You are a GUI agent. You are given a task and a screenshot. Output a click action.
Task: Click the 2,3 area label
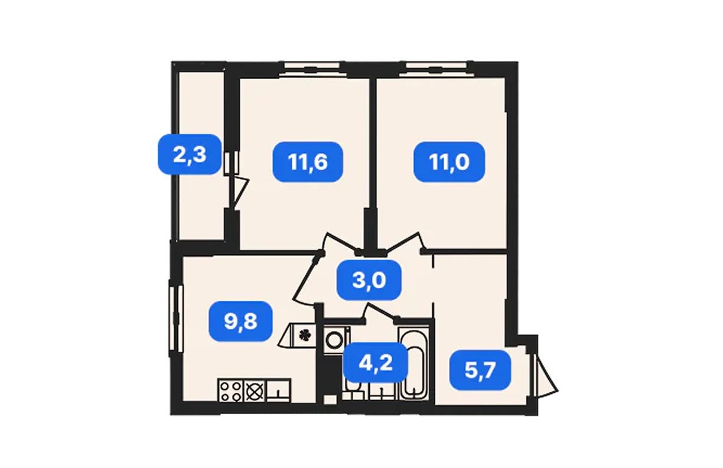[190, 154]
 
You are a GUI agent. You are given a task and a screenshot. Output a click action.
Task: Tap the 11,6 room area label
[308, 162]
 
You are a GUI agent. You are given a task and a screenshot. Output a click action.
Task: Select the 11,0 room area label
[449, 162]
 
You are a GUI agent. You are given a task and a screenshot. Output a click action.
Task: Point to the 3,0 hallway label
[369, 279]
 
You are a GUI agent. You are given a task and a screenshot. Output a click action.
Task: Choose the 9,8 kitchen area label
[240, 321]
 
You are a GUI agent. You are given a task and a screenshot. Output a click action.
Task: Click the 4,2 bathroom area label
[375, 363]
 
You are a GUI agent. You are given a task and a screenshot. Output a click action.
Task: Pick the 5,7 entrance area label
[480, 370]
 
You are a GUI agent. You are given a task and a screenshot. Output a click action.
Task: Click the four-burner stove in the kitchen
[230, 391]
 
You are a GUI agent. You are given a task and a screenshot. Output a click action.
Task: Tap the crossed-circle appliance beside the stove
[255, 391]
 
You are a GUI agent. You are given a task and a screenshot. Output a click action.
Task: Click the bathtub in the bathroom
[415, 363]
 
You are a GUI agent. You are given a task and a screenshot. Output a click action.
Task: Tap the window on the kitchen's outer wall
[177, 318]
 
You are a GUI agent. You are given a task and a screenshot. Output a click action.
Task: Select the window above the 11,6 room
[311, 69]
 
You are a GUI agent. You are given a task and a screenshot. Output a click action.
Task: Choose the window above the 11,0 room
[437, 69]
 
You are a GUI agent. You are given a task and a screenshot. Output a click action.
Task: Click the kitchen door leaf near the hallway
[307, 278]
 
